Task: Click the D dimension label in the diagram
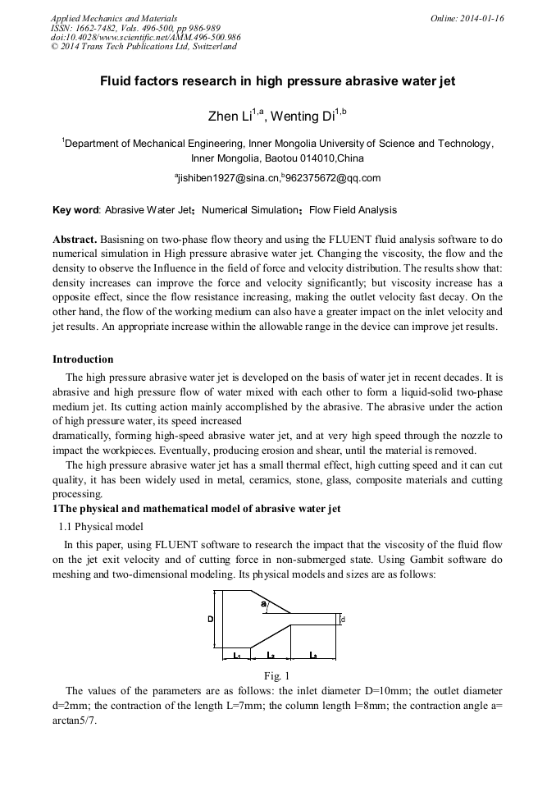click(x=211, y=619)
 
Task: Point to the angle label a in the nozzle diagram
click(x=263, y=605)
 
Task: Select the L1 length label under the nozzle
click(x=235, y=655)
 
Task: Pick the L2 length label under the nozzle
click(x=270, y=655)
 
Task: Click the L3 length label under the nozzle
click(x=314, y=655)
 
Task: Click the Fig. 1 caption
click(x=277, y=675)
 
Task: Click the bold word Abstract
click(x=75, y=238)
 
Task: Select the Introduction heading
click(x=83, y=359)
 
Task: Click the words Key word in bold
click(x=75, y=210)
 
